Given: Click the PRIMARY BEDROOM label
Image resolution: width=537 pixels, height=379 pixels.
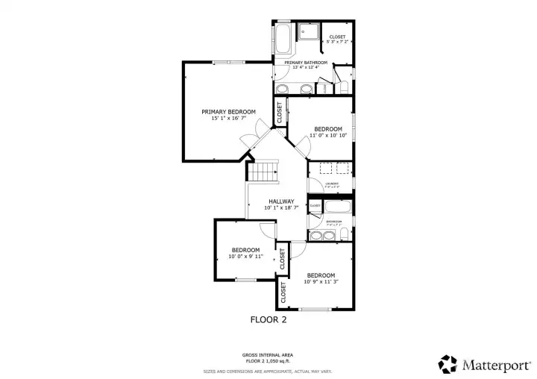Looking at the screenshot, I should tap(228, 112).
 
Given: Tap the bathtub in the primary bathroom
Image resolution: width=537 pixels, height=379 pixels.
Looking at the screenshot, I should tap(284, 40).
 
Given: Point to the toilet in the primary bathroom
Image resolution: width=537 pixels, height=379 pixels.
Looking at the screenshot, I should tap(344, 86).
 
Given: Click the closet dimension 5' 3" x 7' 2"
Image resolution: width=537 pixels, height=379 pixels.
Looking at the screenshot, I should tap(337, 43).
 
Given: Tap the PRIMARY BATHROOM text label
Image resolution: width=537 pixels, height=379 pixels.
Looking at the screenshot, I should tap(306, 62).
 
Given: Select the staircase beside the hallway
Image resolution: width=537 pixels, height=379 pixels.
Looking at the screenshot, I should tap(263, 173).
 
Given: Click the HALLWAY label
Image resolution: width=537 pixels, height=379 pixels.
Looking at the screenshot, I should tap(281, 201).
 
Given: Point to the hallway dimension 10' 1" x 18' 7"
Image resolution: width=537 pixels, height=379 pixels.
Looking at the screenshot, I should tap(281, 208).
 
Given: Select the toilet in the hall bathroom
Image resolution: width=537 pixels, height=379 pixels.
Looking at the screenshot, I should tap(343, 236).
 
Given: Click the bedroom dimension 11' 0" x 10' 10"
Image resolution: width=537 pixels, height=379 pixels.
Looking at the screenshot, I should tap(328, 136).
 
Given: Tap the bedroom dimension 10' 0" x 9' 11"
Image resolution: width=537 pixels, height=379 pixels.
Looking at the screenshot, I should tap(245, 257).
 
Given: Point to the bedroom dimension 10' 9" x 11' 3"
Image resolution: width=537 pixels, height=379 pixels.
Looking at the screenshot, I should tap(321, 282).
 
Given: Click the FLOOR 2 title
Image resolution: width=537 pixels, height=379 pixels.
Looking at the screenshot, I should tap(268, 319).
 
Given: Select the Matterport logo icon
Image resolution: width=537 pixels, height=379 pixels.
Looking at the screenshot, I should tap(447, 363).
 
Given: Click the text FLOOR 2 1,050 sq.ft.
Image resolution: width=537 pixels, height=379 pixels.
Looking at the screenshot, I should tap(267, 360).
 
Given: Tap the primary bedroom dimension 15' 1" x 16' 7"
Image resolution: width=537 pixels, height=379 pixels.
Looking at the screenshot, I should tap(228, 119).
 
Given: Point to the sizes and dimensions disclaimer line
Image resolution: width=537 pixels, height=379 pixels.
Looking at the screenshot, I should tap(268, 371).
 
